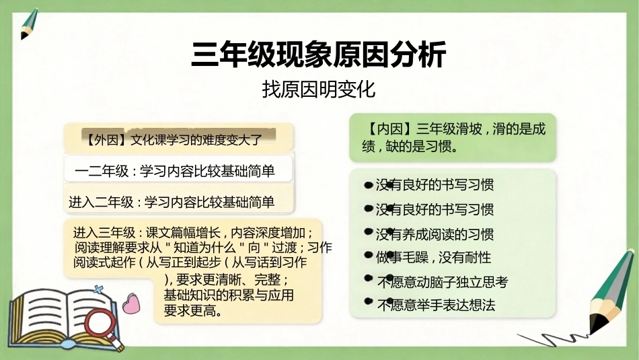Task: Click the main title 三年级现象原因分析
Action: tap(318, 55)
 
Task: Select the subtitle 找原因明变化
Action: tap(318, 89)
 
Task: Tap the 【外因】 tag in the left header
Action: tap(106, 140)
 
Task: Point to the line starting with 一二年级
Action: tap(175, 171)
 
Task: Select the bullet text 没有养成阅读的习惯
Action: tap(435, 234)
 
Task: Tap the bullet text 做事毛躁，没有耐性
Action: tap(433, 257)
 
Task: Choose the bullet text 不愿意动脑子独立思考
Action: tap(442, 282)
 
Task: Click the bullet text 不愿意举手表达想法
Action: tap(436, 305)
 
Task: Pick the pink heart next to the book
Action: tap(131, 303)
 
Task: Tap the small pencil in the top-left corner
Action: tap(29, 24)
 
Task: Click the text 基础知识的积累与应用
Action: tap(229, 295)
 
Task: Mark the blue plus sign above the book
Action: tap(98, 289)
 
